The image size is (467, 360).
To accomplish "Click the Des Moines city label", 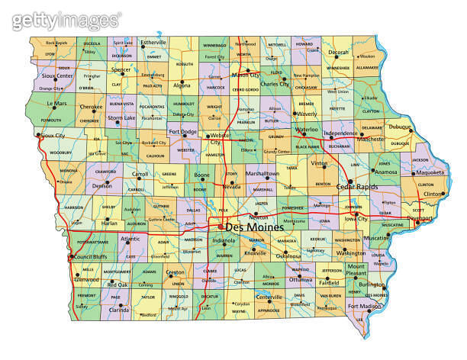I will [255, 227].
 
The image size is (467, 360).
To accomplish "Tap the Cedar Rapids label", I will [355, 186].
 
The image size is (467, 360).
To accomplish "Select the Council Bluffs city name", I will [94, 257].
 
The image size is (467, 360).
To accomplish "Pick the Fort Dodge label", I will [183, 131].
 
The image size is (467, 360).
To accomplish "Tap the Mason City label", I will [246, 75].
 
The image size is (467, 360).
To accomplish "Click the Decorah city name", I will [339, 53].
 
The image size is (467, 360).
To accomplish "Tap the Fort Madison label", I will [364, 307].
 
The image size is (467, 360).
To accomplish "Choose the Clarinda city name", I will [118, 310].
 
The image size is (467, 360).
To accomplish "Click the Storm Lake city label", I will [121, 118].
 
